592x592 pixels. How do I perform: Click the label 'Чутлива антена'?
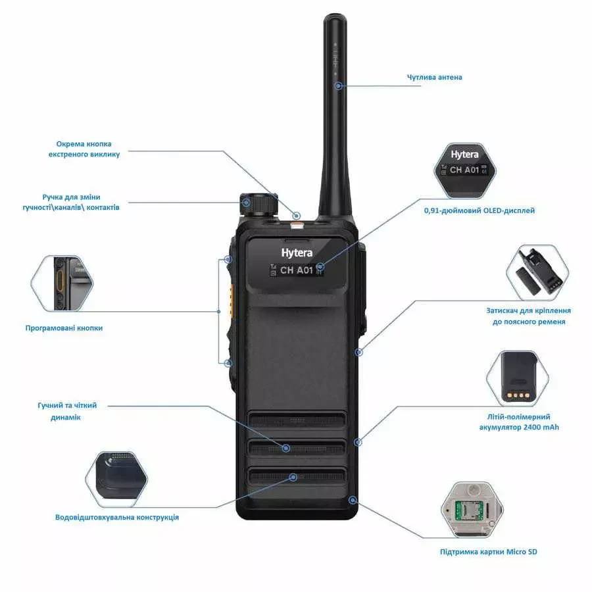pyautogui.click(x=434, y=77)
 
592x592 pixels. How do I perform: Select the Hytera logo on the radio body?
pyautogui.click(x=297, y=253)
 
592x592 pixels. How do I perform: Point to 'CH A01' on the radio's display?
pyautogui.click(x=297, y=270)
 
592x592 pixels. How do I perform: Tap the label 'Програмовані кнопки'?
pyautogui.click(x=64, y=328)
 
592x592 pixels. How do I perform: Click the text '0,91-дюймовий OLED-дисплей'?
pyautogui.click(x=479, y=210)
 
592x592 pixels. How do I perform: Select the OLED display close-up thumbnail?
pyautogui.click(x=464, y=170)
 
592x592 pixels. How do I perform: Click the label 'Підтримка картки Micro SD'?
pyautogui.click(x=488, y=552)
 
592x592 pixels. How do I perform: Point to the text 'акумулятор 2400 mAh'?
pyautogui.click(x=519, y=428)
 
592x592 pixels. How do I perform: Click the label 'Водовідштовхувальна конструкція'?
pyautogui.click(x=117, y=517)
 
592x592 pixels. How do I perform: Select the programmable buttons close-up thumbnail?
pyautogui.click(x=64, y=284)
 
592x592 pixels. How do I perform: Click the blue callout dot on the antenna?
pyautogui.click(x=337, y=86)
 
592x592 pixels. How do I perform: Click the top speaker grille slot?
pyautogui.click(x=296, y=420)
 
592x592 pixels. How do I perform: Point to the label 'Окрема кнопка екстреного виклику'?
pyautogui.click(x=84, y=149)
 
